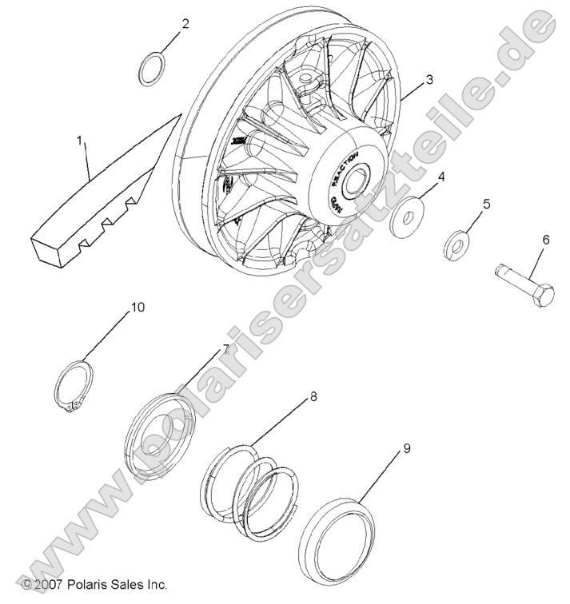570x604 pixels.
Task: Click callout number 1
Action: point(79,141)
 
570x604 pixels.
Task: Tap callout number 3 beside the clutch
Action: point(429,80)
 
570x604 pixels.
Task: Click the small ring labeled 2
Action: point(152,69)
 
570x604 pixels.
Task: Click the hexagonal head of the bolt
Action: point(542,296)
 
